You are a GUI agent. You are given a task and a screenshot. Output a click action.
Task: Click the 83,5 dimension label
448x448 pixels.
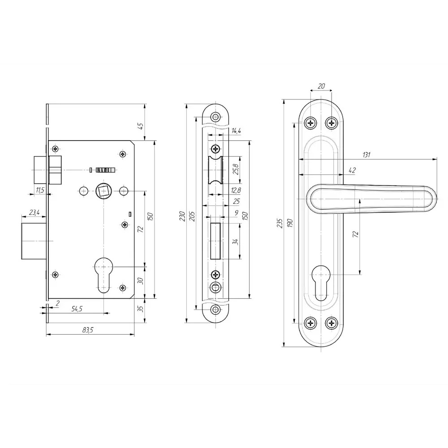[88, 330]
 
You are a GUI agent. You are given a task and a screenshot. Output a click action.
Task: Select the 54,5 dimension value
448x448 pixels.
[77, 309]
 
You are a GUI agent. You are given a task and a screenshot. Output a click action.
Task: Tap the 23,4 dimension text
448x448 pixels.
[34, 212]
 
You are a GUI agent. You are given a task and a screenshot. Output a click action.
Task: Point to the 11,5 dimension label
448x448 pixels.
[40, 190]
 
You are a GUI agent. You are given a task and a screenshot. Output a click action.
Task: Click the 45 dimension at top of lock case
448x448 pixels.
[141, 126]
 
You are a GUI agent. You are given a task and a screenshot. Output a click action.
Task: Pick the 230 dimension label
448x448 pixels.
[182, 216]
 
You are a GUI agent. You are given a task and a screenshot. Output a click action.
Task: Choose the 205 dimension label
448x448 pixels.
[192, 216]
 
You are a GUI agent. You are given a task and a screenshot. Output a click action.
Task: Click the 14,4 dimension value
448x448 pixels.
[236, 131]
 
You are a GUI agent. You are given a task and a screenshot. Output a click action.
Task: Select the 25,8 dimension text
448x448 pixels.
[236, 169]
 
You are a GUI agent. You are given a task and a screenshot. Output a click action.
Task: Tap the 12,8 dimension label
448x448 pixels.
[236, 190]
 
